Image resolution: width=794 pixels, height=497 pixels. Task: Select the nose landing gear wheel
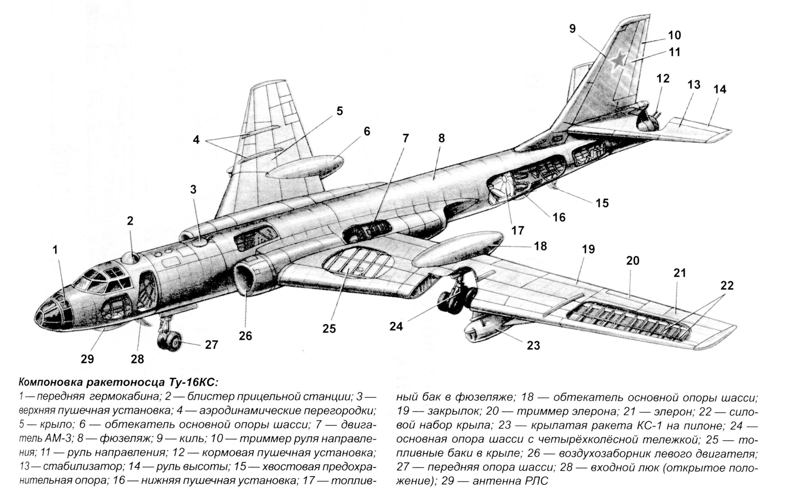172,342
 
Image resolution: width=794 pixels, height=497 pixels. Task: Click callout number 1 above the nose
55,250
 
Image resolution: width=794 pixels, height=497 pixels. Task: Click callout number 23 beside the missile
533,345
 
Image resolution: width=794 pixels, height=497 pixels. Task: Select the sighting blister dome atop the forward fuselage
131,258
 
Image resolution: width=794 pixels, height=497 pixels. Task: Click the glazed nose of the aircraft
53,312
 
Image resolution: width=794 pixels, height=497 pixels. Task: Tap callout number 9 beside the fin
572,29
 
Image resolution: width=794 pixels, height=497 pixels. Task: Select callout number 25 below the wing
329,328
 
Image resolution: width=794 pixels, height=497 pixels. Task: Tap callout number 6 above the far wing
367,131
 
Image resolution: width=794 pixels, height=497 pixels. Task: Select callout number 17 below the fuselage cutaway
517,231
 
